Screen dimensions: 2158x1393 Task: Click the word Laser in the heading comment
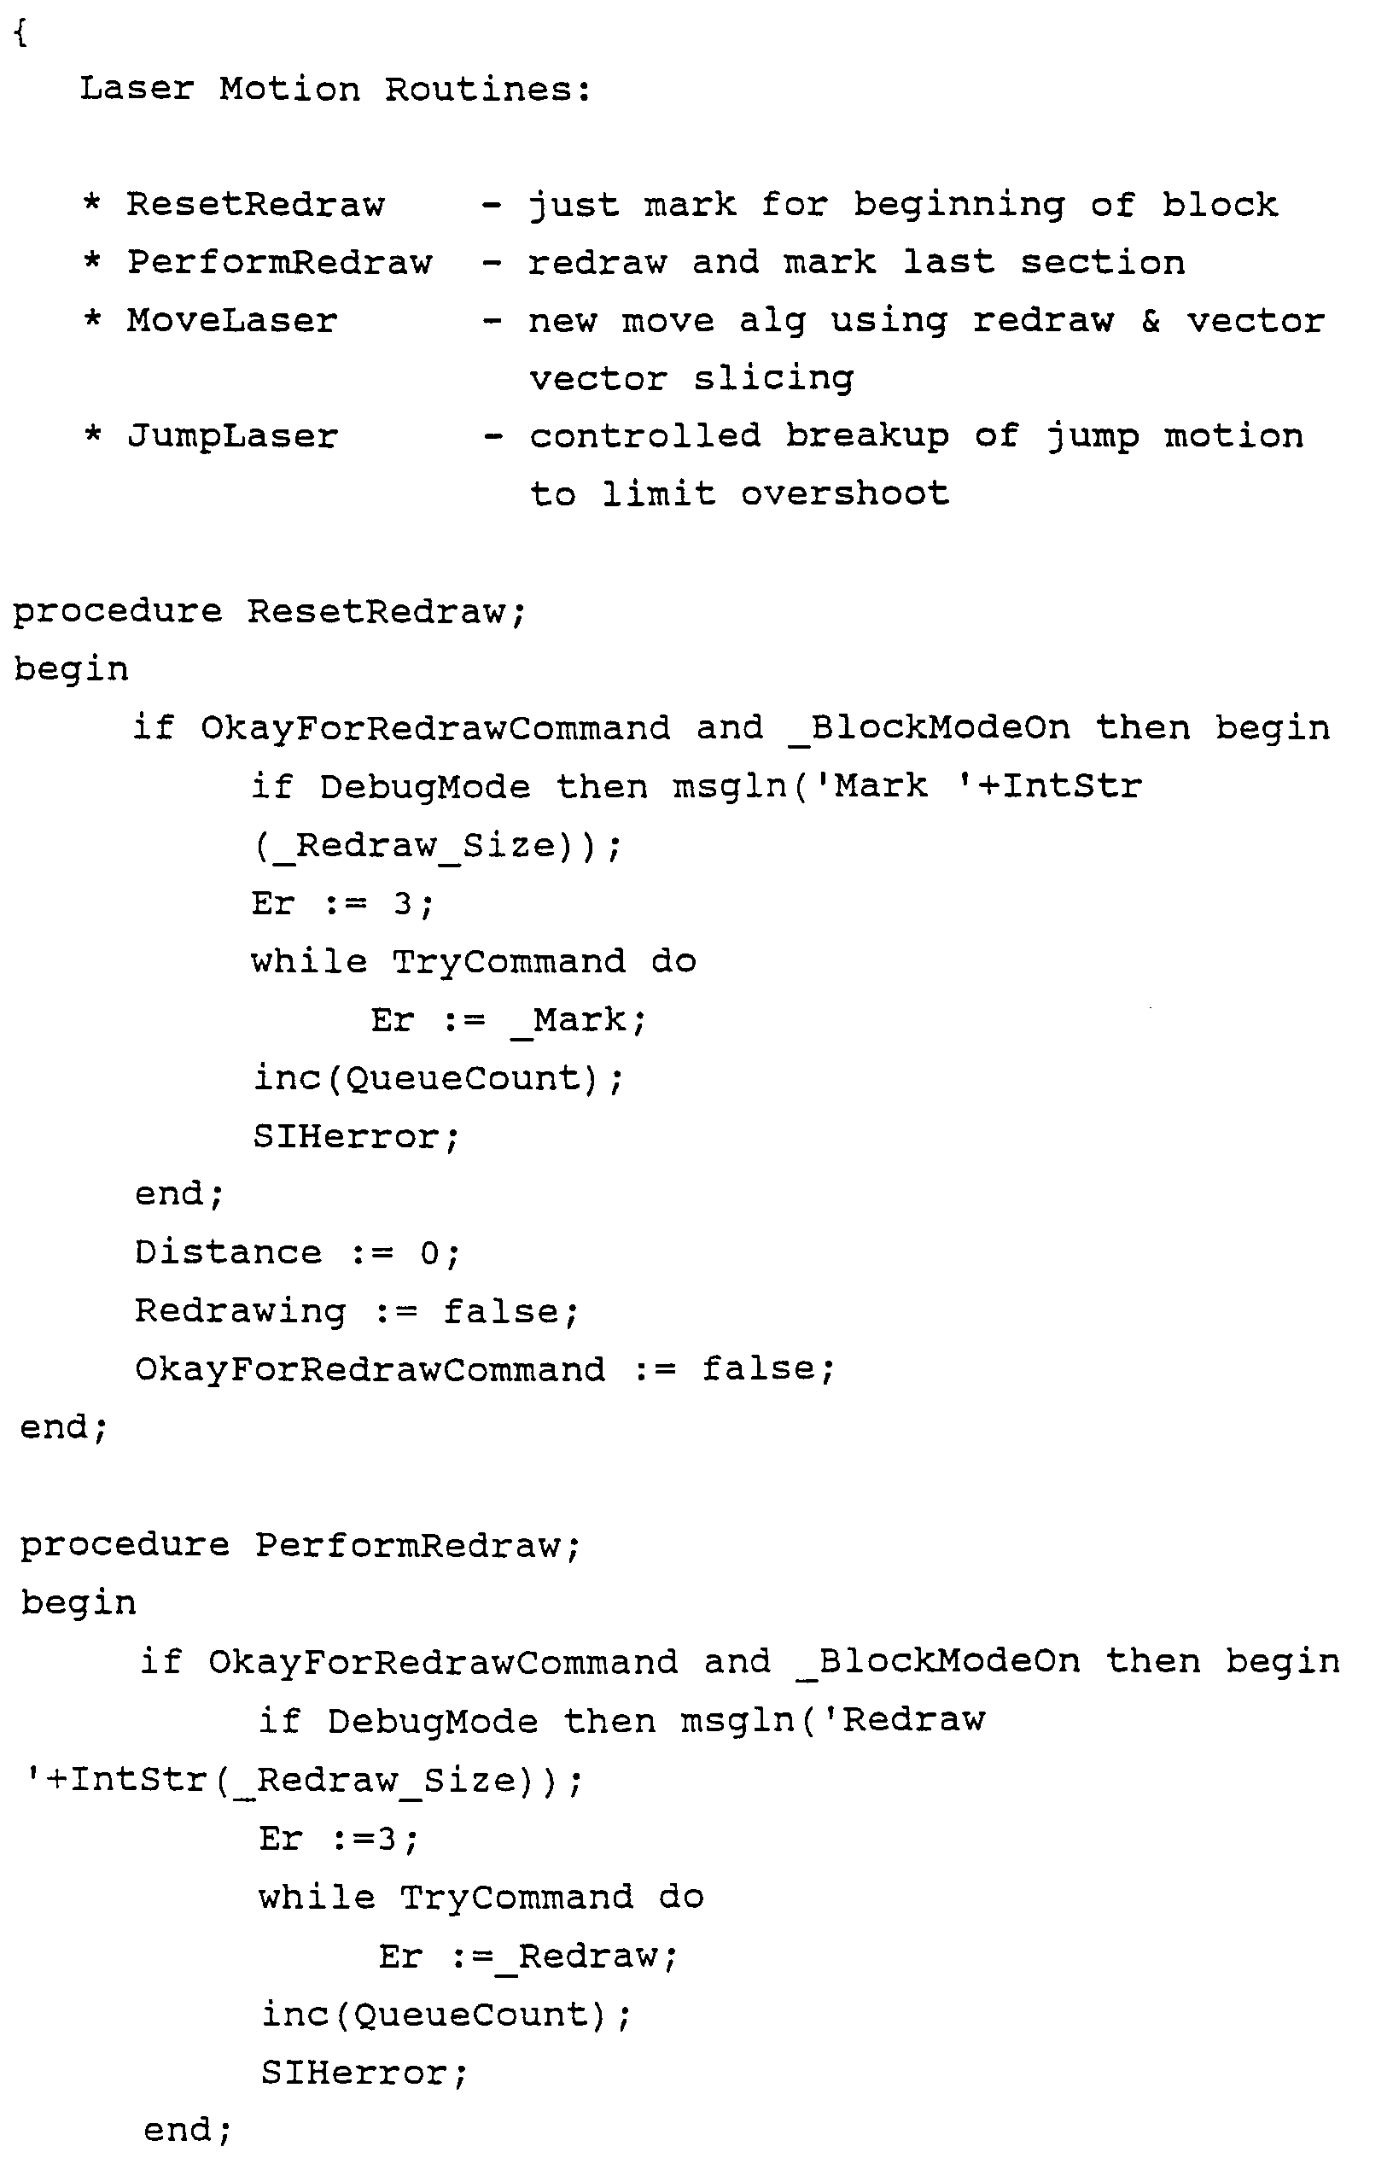point(137,90)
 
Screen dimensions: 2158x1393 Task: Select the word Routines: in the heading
point(488,90)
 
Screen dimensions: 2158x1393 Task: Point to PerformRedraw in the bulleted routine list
point(279,263)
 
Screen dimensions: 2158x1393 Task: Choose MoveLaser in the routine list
point(231,321)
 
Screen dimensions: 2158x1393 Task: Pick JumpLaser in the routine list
point(232,437)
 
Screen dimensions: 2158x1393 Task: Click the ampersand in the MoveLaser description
point(1151,321)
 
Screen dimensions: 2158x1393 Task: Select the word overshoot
point(845,493)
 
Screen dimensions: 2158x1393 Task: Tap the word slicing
point(773,379)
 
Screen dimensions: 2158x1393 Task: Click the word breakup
point(867,437)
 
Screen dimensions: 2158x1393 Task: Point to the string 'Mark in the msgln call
point(873,786)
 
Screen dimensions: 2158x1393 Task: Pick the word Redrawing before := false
point(241,1311)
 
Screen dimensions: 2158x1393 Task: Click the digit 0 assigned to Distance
point(428,1253)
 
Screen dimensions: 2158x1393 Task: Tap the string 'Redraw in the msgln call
point(913,1719)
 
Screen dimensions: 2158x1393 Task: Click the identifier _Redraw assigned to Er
point(588,1957)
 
